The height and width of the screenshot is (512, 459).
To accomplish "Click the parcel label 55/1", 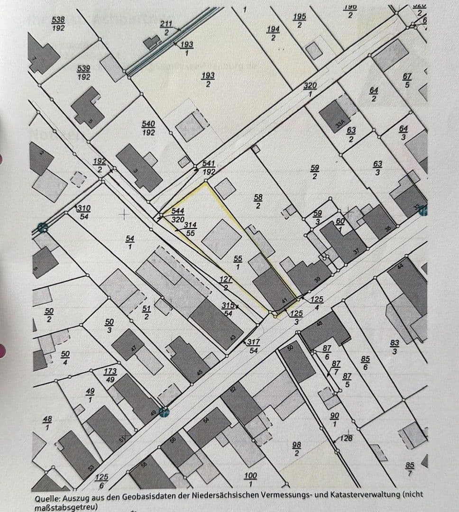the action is coord(238,262).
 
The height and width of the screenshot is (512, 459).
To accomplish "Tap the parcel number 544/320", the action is coord(178,215).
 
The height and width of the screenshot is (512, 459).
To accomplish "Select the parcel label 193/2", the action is coord(208,80).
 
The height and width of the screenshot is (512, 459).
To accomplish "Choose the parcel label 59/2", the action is coord(314,172).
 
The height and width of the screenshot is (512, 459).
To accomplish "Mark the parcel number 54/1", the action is coord(130,242).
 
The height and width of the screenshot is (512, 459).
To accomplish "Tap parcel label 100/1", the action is coord(250,479).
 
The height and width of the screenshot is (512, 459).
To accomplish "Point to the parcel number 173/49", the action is coord(110,375).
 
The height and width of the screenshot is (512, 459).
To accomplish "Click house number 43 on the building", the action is coord(233,338).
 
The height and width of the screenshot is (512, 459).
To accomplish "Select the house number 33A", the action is coord(340,124).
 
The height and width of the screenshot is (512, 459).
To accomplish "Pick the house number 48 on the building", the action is coord(319,324).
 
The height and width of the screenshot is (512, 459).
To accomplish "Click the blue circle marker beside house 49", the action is coord(164,412).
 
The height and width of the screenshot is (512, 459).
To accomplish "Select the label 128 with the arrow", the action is coord(347,438).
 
